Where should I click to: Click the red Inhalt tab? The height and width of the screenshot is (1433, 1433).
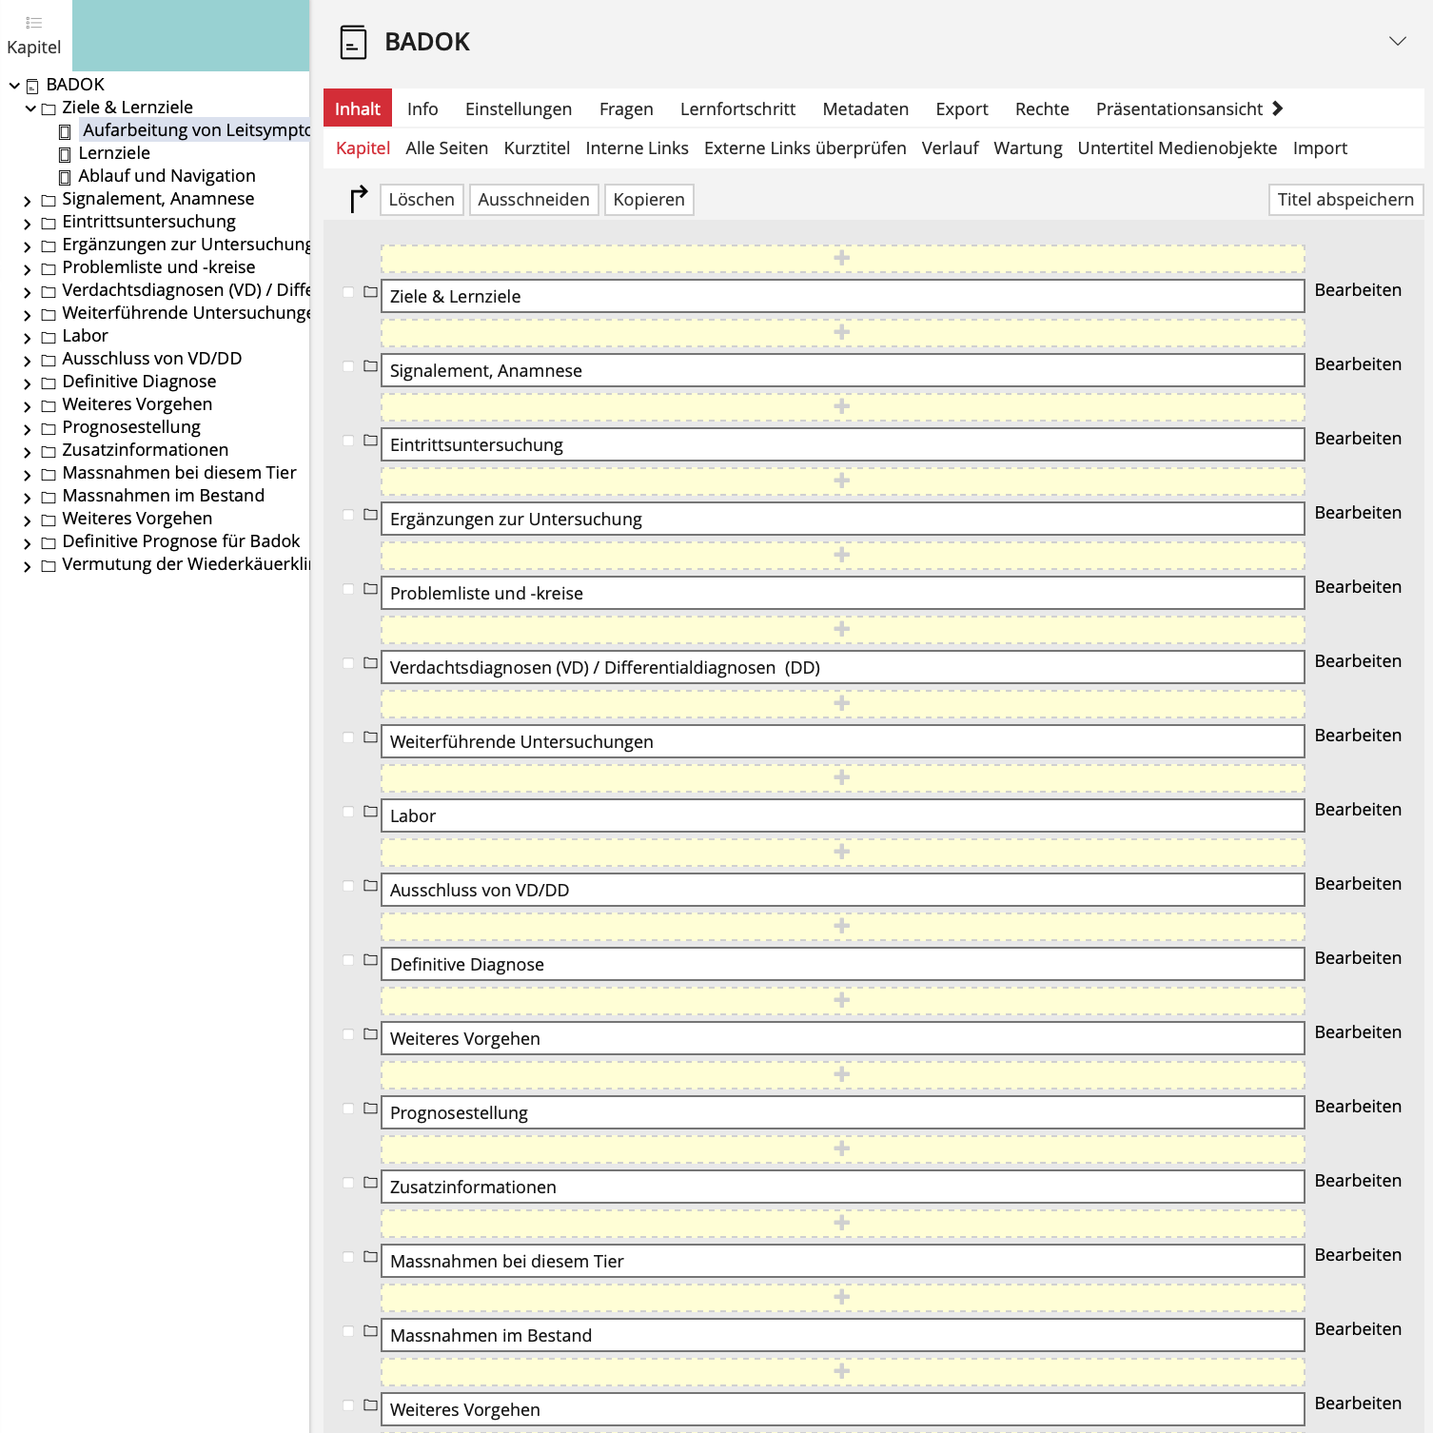(357, 108)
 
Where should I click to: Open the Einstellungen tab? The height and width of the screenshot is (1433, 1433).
(518, 108)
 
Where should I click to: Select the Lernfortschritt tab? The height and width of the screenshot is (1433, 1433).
(737, 108)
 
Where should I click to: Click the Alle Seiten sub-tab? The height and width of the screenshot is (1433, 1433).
(446, 147)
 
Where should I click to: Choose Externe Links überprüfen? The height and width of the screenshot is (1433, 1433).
(804, 147)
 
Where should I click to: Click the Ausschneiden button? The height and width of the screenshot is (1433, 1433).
(533, 200)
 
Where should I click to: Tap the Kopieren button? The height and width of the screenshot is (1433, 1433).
(649, 200)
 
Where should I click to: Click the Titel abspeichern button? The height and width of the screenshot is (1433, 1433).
(1345, 200)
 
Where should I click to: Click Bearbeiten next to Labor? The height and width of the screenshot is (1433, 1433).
(1357, 810)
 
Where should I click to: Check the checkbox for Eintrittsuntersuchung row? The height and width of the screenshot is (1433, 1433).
(348, 441)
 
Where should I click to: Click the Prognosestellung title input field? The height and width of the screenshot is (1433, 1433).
(841, 1112)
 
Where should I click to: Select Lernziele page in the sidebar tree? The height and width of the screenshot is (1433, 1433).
(114, 153)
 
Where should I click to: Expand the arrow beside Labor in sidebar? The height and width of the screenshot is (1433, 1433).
(28, 337)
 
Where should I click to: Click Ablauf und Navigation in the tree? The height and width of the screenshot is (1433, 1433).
(167, 176)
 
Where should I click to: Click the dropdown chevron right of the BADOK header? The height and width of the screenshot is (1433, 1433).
(1397, 41)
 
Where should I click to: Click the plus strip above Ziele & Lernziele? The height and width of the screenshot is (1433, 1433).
(841, 258)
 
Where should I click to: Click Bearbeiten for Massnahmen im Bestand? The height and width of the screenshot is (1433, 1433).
(1357, 1329)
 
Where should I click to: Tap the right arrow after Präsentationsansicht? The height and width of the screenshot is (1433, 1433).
(1278, 108)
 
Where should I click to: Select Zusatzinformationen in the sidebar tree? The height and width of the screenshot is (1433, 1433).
(145, 450)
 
